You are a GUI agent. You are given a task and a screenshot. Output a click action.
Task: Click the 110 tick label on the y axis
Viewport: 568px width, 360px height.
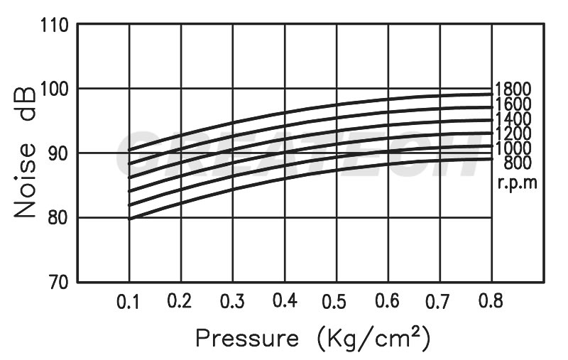pos(53,26)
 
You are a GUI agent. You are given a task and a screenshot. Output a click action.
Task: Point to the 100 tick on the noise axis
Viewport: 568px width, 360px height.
pos(53,89)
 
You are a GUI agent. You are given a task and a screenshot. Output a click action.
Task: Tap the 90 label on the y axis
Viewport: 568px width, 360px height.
pos(58,153)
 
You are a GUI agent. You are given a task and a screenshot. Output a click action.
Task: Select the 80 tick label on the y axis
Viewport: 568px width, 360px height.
pos(58,217)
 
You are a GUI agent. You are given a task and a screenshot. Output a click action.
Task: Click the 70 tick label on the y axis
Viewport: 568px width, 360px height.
pos(58,282)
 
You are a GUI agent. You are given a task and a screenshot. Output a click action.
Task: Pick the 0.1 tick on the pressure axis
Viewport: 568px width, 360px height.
pos(129,301)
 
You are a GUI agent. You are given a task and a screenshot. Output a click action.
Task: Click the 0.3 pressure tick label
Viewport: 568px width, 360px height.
pos(232,301)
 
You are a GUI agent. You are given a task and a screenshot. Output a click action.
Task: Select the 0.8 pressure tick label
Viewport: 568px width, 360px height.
pos(491,301)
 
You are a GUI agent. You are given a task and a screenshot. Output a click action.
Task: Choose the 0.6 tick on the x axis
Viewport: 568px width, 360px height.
pos(388,301)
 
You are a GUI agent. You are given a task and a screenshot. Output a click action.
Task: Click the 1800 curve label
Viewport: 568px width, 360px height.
pos(513,89)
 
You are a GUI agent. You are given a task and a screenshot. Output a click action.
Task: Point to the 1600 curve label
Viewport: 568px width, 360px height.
pos(513,105)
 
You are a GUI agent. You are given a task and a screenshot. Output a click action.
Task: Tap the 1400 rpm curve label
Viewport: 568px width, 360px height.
pos(513,119)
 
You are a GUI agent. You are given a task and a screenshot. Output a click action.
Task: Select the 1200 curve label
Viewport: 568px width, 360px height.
pos(513,134)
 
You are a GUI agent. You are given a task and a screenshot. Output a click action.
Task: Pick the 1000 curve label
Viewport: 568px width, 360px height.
pos(513,149)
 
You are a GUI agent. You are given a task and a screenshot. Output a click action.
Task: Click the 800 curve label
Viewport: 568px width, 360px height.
pos(518,164)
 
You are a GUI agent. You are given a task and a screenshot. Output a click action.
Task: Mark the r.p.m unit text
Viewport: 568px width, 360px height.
pos(517,182)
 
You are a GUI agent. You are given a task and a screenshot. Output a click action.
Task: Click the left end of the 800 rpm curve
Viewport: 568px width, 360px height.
pos(129,219)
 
